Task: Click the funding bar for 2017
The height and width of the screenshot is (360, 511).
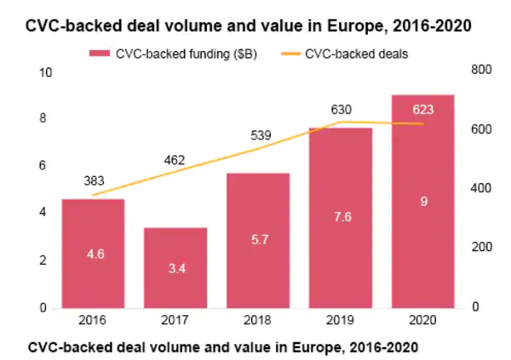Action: (175, 267)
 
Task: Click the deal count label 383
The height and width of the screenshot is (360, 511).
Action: (94, 180)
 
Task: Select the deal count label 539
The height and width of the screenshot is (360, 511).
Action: (258, 134)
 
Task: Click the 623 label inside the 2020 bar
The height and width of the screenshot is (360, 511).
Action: (422, 109)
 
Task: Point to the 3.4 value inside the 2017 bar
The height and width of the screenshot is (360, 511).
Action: (175, 268)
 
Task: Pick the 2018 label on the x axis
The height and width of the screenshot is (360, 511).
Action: (258, 322)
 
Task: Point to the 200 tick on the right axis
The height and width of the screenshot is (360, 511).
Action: (481, 248)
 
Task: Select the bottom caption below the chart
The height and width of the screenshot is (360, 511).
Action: (223, 347)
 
